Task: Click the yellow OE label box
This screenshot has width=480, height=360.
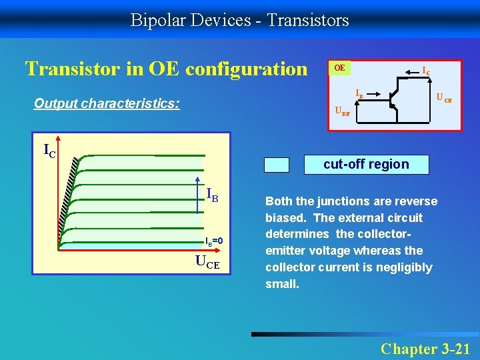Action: point(340,68)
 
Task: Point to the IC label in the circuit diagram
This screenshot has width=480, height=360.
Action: point(425,70)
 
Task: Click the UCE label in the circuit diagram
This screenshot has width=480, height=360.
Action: point(444,99)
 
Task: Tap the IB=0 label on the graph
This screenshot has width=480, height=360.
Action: point(217,241)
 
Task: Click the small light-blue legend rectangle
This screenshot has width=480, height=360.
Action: point(277,165)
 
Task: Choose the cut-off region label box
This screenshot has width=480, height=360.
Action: point(366,164)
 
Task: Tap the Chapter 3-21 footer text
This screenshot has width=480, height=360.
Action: point(425,348)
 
